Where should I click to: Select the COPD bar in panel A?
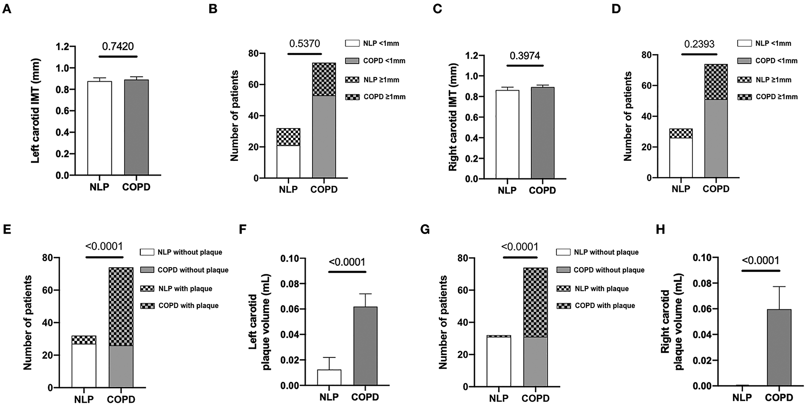(136, 128)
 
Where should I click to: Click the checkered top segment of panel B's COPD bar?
(324, 79)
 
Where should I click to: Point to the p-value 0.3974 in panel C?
(525, 56)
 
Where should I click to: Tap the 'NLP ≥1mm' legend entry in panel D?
(773, 80)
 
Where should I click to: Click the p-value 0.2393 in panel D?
(699, 44)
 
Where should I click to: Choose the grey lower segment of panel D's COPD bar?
(716, 138)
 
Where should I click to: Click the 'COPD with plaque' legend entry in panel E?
(188, 305)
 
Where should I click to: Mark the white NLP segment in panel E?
(84, 366)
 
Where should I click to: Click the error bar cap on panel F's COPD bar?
(365, 294)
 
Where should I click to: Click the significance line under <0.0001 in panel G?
(520, 257)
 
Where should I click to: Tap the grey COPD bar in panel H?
(779, 347)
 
